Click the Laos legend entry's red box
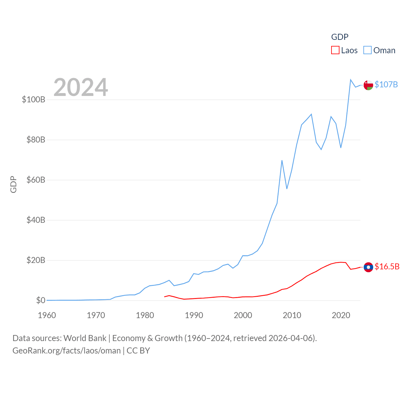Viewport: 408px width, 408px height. [x=335, y=50]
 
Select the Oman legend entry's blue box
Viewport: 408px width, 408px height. [x=368, y=50]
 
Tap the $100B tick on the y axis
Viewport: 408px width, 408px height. [x=33, y=99]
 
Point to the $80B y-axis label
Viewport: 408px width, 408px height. [x=36, y=140]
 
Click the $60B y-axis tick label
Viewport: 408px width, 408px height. [x=36, y=180]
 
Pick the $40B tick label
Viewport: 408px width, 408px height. [x=36, y=220]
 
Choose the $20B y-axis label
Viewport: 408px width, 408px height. [x=36, y=260]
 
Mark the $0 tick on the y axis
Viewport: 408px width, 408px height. [x=40, y=300]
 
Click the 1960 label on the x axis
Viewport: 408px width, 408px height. [x=47, y=315]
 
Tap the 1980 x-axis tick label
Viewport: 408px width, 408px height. [x=145, y=315]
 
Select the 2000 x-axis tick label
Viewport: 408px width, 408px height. [x=243, y=315]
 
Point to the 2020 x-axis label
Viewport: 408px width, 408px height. [x=341, y=315]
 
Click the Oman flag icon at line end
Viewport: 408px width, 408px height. [x=368, y=85]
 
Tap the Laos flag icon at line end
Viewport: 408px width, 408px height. [x=368, y=267]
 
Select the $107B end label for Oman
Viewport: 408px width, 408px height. [x=386, y=84]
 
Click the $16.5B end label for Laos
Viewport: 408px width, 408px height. [x=387, y=266]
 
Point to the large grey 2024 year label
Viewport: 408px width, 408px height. [x=81, y=87]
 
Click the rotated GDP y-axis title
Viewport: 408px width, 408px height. [x=13, y=184]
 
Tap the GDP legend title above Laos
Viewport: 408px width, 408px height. [x=340, y=37]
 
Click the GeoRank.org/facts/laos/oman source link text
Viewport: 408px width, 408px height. [x=67, y=351]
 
